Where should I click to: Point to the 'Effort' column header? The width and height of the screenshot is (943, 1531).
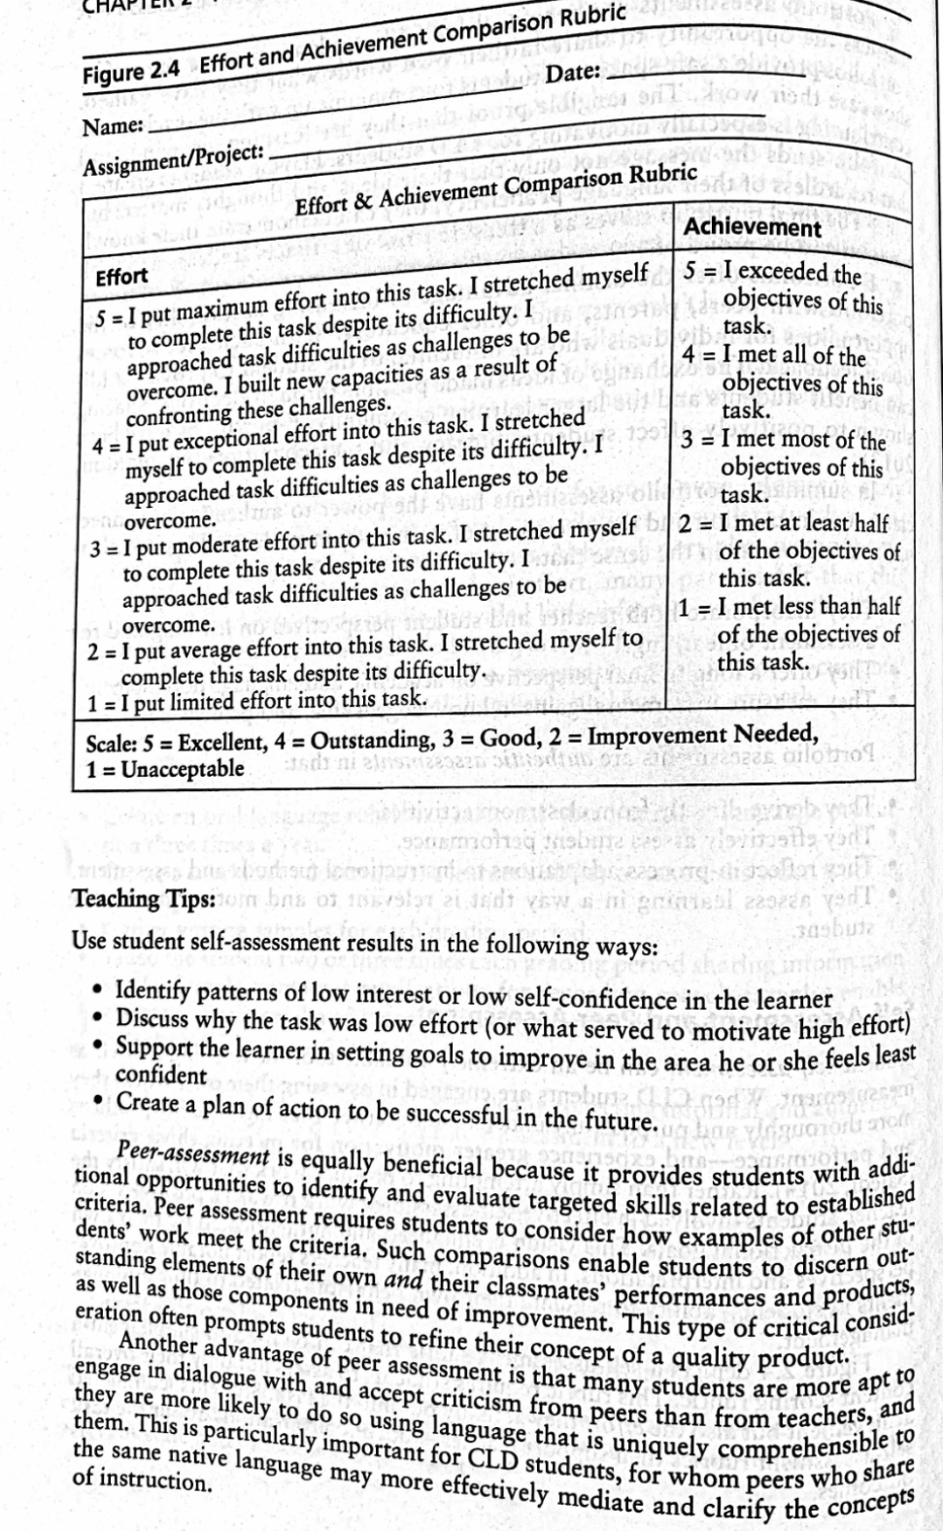pos(121,278)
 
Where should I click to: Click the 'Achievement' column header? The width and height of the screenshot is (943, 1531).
pos(754,227)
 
